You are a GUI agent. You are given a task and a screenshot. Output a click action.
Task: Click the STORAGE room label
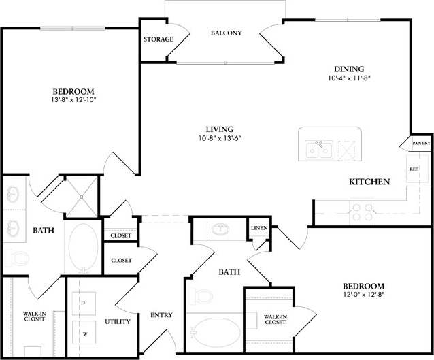pos(158,39)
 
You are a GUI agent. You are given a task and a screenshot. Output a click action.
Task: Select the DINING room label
pos(348,69)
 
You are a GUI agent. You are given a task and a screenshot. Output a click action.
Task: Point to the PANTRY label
pos(420,143)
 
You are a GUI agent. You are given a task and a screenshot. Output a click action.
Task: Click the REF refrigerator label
pos(413,168)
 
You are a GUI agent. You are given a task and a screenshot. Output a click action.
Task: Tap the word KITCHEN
pos(369,182)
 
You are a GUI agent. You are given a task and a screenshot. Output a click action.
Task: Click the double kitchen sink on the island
pos(318,148)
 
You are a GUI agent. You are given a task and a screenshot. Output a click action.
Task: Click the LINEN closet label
pos(258,228)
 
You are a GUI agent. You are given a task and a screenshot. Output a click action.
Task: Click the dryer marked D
pos(83,301)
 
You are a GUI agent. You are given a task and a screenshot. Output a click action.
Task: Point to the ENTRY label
pos(162,315)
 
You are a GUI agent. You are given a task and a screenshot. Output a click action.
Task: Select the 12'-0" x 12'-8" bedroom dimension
pos(363,295)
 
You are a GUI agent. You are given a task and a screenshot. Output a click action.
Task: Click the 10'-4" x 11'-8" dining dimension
pos(348,78)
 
